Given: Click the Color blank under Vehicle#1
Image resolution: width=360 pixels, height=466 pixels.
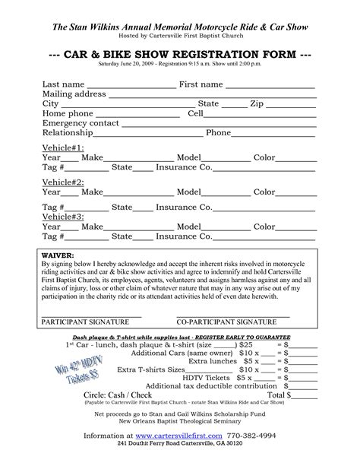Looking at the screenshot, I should pos(297,159).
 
